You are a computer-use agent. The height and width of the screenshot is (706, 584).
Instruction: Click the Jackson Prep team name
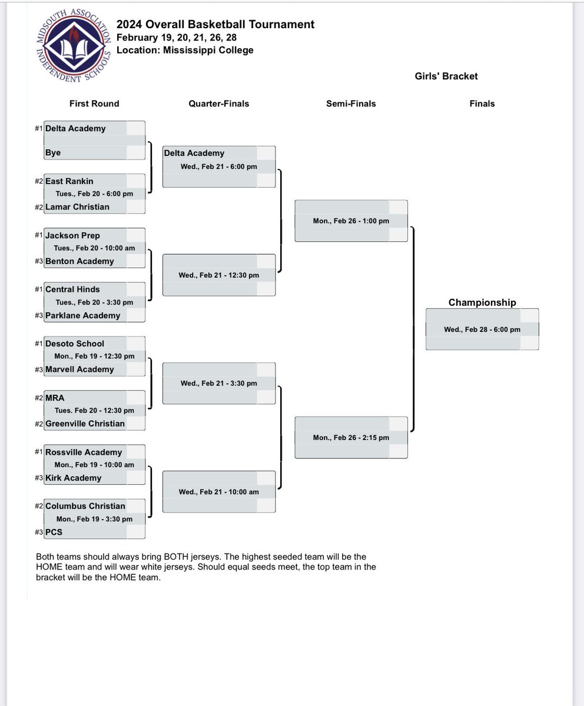pos(72,235)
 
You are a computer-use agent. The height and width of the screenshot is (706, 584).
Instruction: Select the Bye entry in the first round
pos(53,152)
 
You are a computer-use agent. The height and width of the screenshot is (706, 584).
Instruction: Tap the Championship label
pos(482,302)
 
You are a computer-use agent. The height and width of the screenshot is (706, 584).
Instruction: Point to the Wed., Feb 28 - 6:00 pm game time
pos(482,329)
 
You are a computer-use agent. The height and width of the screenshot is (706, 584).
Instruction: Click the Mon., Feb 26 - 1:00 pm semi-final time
pos(351,221)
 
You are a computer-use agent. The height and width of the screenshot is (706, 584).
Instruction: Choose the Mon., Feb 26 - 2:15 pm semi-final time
pos(351,438)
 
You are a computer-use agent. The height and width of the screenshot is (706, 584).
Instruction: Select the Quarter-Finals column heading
pos(218,104)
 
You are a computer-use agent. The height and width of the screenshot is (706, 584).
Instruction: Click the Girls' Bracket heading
pos(446,76)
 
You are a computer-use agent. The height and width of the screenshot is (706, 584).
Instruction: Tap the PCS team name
pos(54,532)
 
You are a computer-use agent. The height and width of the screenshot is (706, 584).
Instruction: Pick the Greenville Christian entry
pos(85,424)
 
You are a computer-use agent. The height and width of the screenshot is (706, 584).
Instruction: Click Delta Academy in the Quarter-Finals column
pos(194,153)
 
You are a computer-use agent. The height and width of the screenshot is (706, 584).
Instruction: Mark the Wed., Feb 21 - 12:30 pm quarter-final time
pos(218,275)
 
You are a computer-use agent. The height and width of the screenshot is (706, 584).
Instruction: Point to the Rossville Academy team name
pos(84,452)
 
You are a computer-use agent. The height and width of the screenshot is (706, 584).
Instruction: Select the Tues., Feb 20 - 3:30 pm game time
pos(94,302)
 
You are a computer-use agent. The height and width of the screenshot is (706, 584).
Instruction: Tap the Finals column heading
pos(482,104)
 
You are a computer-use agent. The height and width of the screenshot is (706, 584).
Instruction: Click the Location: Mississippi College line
pos(185,50)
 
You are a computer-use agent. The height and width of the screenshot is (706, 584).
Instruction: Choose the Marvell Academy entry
pos(79,369)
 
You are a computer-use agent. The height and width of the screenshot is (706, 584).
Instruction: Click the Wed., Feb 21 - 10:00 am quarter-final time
pos(218,492)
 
